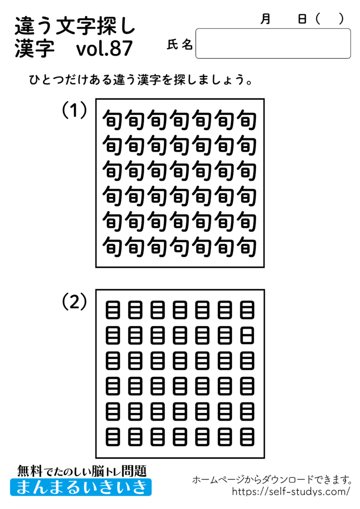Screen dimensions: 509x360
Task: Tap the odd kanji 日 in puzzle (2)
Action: point(247,332)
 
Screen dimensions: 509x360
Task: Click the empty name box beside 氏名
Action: point(273,44)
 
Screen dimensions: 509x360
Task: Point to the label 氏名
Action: point(180,45)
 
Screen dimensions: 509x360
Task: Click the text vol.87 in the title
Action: point(105,49)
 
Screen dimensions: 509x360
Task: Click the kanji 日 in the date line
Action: point(302,19)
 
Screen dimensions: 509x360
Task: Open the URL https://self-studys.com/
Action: point(291,492)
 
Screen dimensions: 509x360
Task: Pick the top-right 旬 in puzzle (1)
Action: point(247,120)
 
